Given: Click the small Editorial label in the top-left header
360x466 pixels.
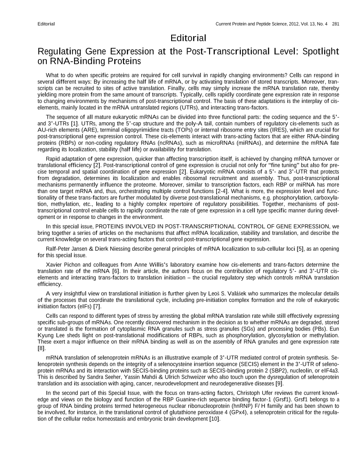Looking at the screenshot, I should (46, 23).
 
